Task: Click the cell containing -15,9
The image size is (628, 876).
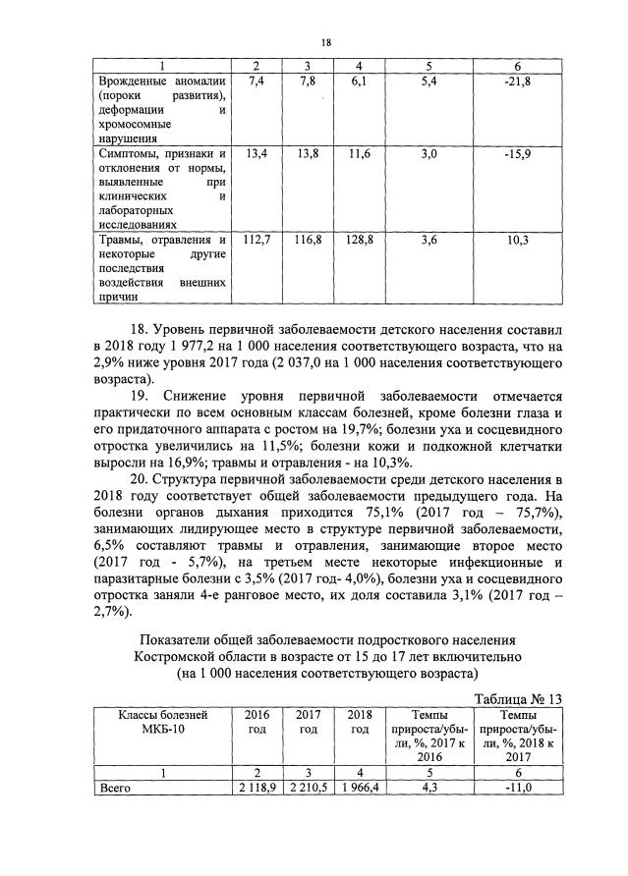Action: click(x=517, y=154)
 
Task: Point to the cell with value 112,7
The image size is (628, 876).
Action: click(x=257, y=240)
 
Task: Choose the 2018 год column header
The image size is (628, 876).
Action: click(x=361, y=723)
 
